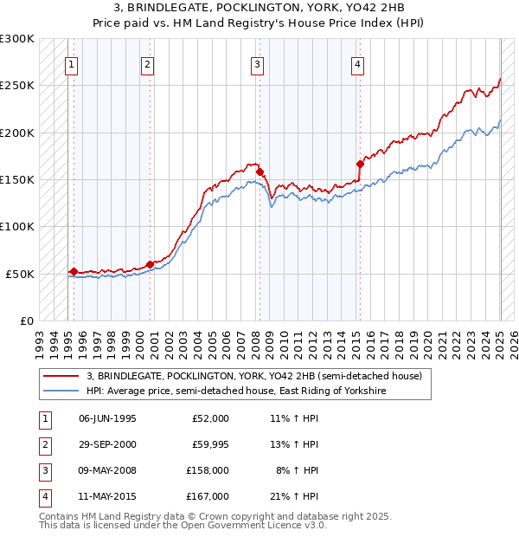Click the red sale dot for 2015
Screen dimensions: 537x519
(x=360, y=163)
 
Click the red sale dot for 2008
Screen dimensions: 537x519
(x=259, y=171)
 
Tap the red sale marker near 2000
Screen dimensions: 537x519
(x=150, y=263)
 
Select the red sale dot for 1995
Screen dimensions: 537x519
(x=74, y=271)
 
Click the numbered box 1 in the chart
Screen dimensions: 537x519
(x=71, y=63)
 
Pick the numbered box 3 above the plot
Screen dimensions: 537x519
(x=257, y=63)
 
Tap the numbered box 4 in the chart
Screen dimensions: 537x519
(x=357, y=63)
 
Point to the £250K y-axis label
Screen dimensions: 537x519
(x=17, y=86)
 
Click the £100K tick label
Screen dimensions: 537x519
(x=17, y=226)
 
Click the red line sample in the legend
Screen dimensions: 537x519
(x=60, y=376)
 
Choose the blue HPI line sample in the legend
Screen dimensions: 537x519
(x=60, y=391)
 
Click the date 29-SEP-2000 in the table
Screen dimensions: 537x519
(x=107, y=445)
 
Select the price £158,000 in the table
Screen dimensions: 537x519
(x=208, y=471)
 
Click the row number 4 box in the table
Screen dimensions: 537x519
(x=43, y=497)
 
